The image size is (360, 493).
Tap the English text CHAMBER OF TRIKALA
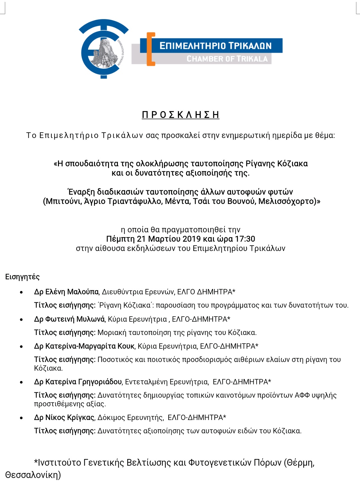point(227,59)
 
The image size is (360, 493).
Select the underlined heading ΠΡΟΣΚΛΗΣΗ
point(180,115)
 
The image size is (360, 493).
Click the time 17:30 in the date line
point(245,239)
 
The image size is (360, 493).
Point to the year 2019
point(191,239)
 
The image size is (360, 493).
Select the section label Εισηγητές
point(22,277)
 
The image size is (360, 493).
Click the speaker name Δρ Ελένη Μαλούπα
point(66,292)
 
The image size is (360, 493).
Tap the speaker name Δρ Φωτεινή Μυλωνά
point(69,319)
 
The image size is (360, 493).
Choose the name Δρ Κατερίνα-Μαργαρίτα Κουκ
point(84,346)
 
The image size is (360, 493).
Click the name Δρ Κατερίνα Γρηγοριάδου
point(78,382)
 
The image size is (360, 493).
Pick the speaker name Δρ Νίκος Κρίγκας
point(64,418)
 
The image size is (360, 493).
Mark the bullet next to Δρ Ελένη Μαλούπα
point(22,293)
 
